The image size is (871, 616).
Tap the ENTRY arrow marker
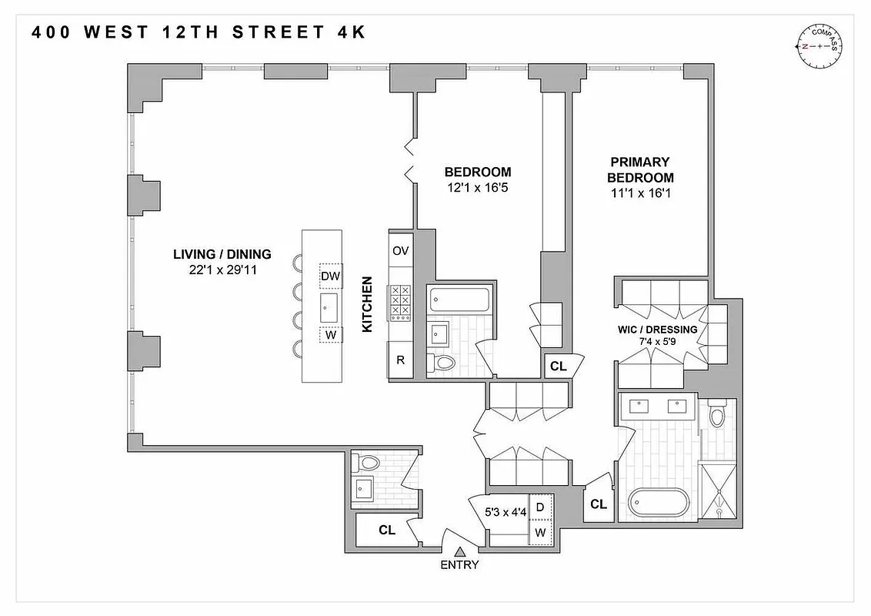[460, 551]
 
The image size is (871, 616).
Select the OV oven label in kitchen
[401, 251]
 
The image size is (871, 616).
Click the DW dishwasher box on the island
[331, 276]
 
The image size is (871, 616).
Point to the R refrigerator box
[400, 360]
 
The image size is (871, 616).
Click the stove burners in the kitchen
[401, 302]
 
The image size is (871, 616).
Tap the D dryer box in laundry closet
[540, 507]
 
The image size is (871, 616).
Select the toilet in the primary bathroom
[717, 417]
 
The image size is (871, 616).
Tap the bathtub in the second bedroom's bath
[459, 300]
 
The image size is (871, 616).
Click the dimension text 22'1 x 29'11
[222, 269]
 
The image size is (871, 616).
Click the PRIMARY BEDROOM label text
[640, 169]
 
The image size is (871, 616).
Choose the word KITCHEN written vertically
[367, 305]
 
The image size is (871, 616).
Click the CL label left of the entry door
[387, 530]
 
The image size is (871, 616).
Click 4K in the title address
[349, 32]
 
